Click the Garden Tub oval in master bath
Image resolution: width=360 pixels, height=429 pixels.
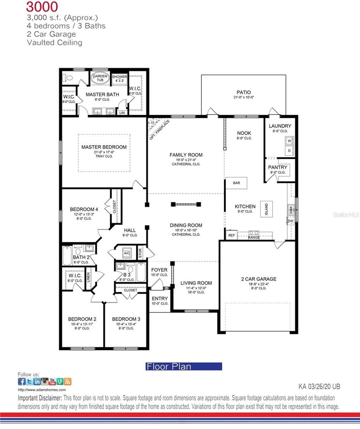tap(100, 78)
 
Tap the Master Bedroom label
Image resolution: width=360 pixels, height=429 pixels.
tap(104, 147)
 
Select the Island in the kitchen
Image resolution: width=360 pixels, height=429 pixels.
tap(266, 210)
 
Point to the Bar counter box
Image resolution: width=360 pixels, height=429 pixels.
tap(237, 183)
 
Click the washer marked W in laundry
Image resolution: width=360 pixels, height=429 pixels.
tap(289, 141)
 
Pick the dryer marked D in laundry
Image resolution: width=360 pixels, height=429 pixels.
tap(289, 151)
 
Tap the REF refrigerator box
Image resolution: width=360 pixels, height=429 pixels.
tap(231, 235)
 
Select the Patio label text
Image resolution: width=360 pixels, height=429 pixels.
tap(244, 92)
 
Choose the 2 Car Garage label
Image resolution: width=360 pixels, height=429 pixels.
tap(259, 279)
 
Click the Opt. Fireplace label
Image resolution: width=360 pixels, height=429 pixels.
tap(160, 130)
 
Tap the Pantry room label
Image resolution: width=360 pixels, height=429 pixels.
tap(278, 167)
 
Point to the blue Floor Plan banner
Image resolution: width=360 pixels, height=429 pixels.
tap(184, 366)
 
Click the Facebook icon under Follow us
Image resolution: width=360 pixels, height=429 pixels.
tap(21, 382)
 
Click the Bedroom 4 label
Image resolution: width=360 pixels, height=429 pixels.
tap(84, 209)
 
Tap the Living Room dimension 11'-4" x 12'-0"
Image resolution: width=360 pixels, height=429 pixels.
tap(196, 288)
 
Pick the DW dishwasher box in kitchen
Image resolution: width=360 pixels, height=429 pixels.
tap(290, 221)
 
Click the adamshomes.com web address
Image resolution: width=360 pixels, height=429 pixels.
tap(42, 390)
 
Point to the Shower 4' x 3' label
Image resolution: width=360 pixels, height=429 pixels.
tap(120, 78)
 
